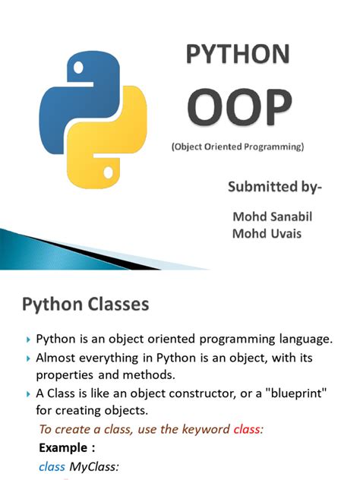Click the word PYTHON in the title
click(238, 55)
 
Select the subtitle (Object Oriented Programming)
click(237, 147)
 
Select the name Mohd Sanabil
click(271, 217)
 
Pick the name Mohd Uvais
click(266, 233)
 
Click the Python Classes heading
click(84, 305)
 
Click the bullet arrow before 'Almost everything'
click(29, 358)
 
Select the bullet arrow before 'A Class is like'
click(29, 393)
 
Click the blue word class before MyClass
click(52, 467)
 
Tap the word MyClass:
click(95, 467)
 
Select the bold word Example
click(66, 448)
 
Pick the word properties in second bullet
click(64, 375)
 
